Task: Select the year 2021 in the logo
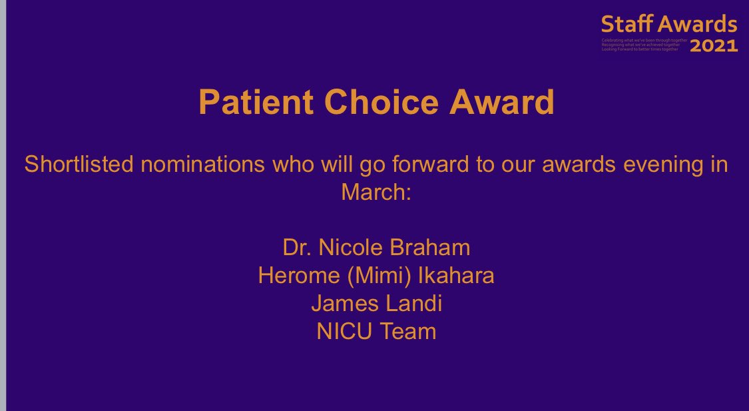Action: pos(713,46)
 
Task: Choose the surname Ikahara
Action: pos(456,276)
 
